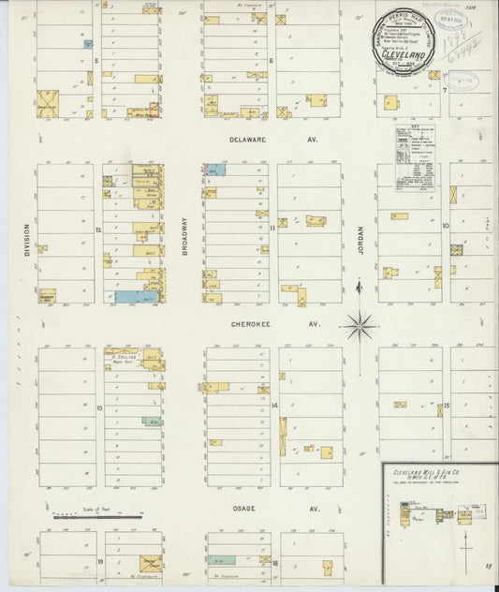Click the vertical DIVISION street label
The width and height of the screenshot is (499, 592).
28,239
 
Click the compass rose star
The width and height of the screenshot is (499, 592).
359,326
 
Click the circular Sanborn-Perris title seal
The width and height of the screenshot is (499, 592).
405,42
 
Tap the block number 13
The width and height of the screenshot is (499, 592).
98,407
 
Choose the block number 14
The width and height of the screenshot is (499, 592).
274,406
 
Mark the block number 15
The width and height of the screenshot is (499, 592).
448,406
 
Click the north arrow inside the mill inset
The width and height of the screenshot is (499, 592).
466,539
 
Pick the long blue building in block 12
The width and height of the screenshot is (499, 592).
137,297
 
